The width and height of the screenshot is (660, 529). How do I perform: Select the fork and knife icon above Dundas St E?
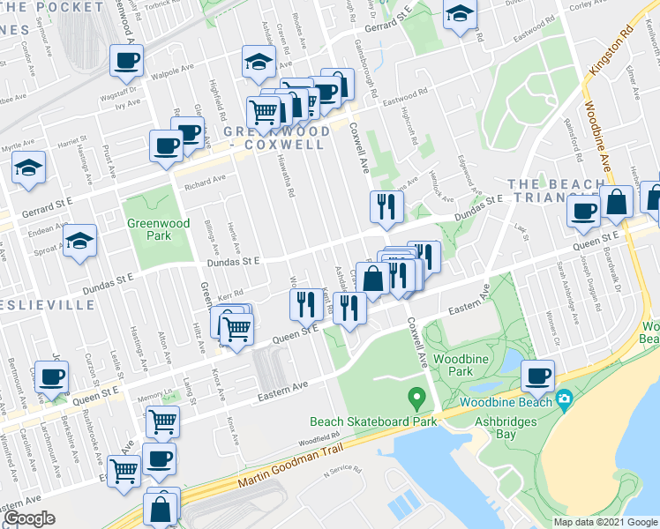pyautogui.click(x=386, y=205)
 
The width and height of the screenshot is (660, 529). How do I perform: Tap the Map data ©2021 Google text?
pyautogui.click(x=604, y=522)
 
